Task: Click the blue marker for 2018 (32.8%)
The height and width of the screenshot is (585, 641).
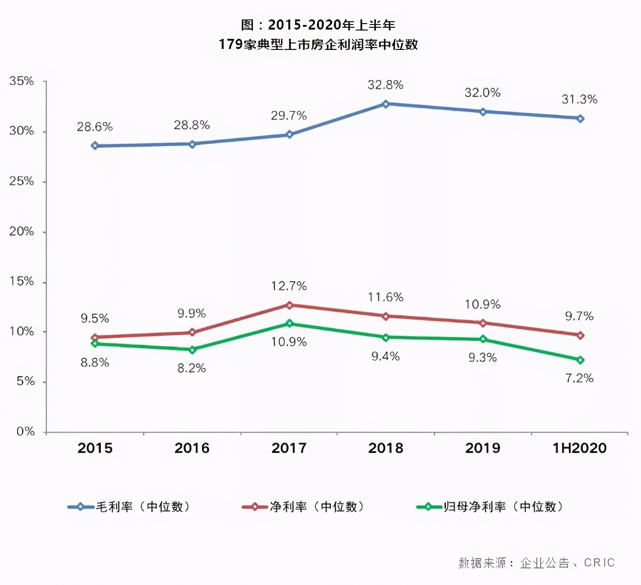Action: [386, 104]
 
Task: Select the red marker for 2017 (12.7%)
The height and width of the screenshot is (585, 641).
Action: [290, 305]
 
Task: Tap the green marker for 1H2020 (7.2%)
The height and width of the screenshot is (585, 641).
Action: [580, 360]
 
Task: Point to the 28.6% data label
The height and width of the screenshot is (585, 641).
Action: [95, 127]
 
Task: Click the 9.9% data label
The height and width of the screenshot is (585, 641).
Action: [191, 314]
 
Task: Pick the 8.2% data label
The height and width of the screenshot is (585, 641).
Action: [191, 368]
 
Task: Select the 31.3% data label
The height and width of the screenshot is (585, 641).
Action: [579, 99]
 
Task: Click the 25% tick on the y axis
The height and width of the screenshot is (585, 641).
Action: [22, 181]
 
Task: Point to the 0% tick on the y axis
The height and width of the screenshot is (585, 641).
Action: [25, 432]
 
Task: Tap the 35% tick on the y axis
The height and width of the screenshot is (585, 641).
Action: [22, 81]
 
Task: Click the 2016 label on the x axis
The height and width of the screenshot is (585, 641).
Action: [192, 448]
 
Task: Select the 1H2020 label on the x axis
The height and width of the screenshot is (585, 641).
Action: [579, 448]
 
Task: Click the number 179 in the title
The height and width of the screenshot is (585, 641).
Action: [231, 44]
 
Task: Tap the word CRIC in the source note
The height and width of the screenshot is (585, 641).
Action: [599, 562]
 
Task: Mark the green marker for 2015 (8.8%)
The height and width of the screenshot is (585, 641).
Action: [95, 343]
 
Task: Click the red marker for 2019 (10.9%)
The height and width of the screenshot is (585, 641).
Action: [483, 323]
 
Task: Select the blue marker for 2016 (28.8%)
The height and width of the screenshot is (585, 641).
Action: [192, 144]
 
